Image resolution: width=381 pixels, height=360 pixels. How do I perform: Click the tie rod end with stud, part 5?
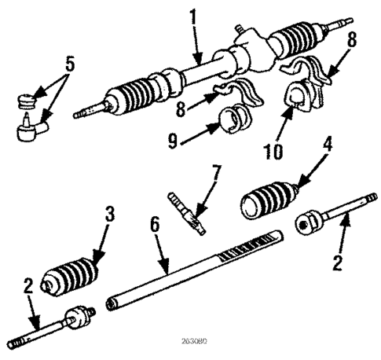pyautogui.click(x=34, y=124)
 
